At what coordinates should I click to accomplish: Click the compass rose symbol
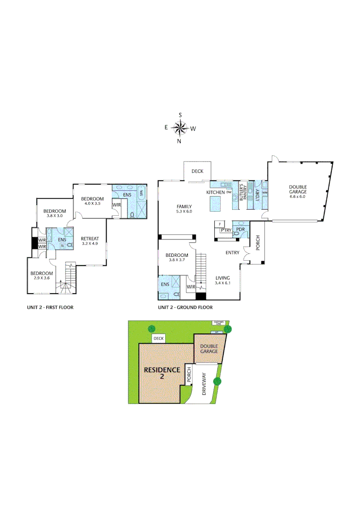(180, 127)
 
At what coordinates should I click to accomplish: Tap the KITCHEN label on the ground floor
(216, 193)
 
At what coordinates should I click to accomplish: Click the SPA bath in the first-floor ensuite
(141, 194)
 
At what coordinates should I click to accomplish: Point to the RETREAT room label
(89, 238)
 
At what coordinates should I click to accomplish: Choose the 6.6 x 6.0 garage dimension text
(298, 196)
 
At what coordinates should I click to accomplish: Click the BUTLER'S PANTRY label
(243, 193)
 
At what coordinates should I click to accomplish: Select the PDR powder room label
(240, 229)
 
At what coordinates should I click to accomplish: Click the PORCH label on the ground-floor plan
(258, 249)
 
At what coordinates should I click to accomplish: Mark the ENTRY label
(232, 253)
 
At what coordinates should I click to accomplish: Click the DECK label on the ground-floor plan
(197, 171)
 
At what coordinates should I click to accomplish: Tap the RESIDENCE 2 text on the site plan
(162, 373)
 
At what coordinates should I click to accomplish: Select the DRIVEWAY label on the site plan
(204, 383)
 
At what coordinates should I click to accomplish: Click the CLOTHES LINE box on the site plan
(218, 323)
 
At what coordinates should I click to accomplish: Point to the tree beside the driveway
(218, 381)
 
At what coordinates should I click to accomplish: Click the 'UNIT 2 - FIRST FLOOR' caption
(50, 307)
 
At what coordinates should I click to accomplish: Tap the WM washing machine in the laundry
(265, 193)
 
